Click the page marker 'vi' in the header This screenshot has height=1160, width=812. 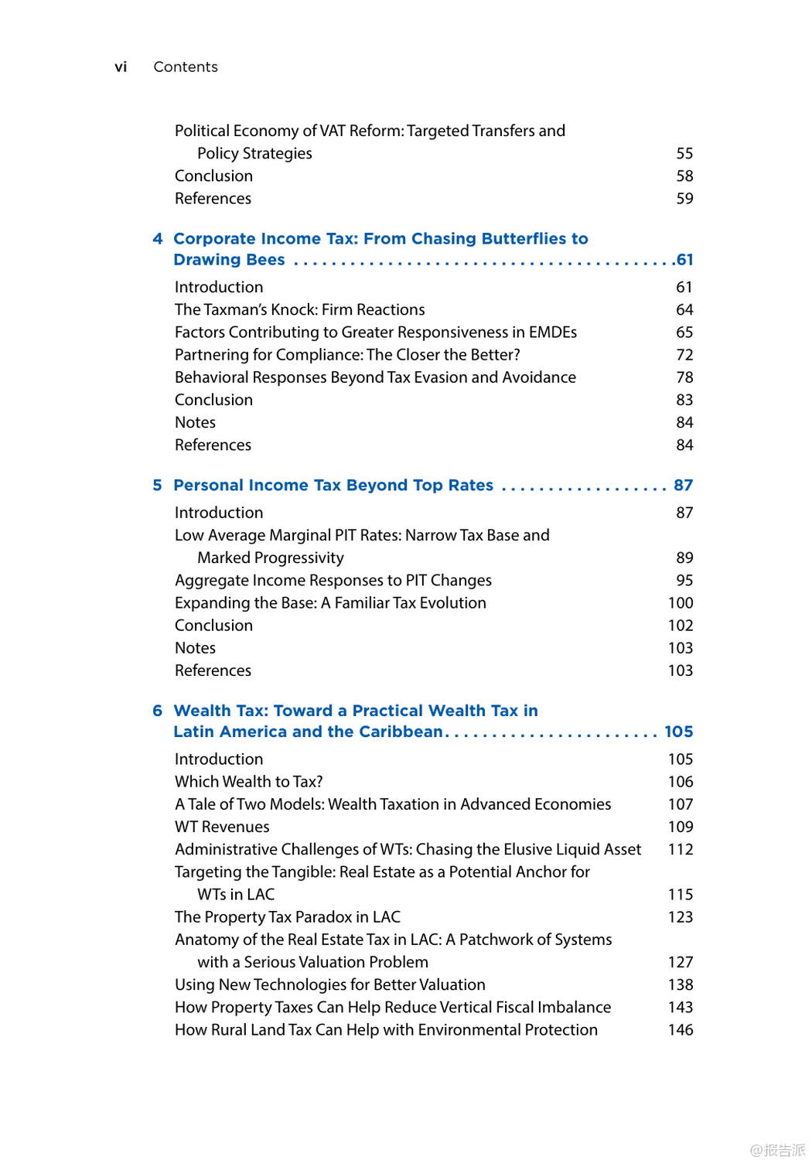[121, 67]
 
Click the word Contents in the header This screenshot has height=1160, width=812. [186, 67]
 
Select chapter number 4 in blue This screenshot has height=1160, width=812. [158, 239]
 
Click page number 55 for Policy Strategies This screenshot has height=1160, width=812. [684, 154]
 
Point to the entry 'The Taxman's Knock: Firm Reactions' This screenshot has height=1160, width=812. [299, 310]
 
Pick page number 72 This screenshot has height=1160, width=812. [684, 355]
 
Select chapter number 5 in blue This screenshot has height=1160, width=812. [158, 486]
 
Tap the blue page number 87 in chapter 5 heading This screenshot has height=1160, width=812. [683, 486]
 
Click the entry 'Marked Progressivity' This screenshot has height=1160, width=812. [271, 558]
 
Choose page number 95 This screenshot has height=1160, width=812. [684, 581]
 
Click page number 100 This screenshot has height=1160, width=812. [681, 603]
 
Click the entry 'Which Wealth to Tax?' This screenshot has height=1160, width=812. [248, 782]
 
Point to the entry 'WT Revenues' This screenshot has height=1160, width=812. [222, 827]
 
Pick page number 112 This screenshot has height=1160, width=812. [681, 850]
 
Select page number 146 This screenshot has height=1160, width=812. [681, 1030]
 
